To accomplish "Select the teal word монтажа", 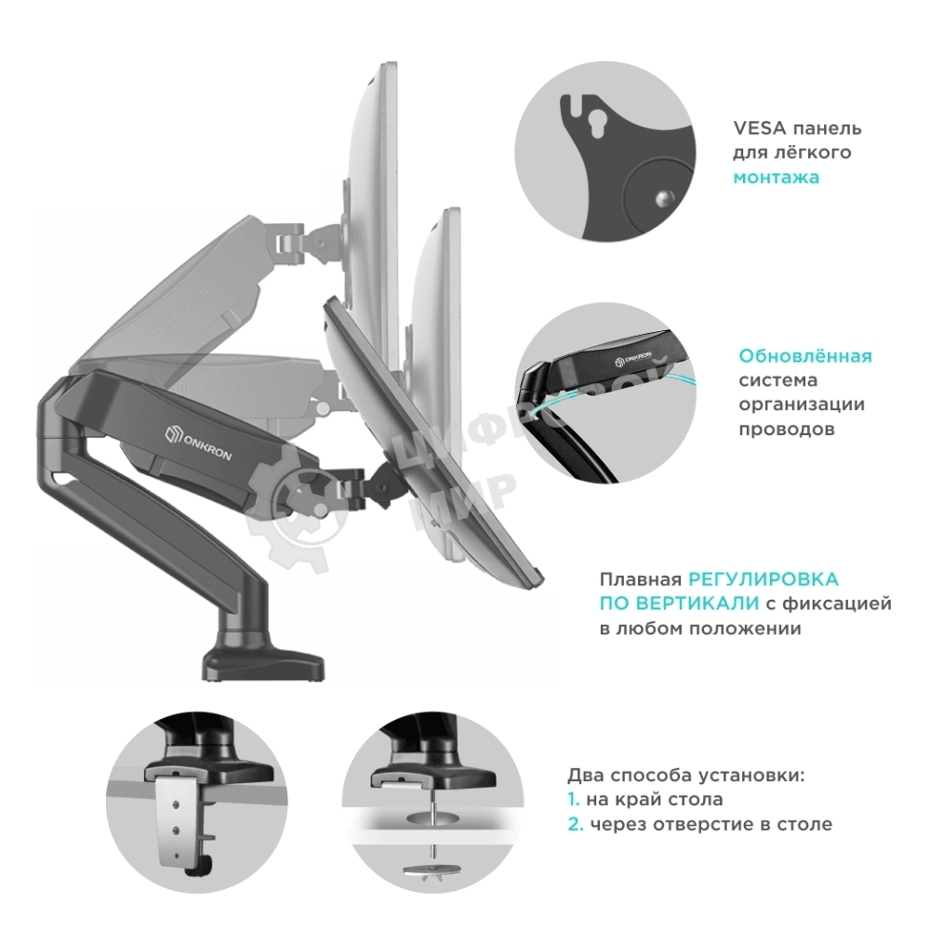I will (777, 177).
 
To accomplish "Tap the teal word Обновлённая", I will (805, 356).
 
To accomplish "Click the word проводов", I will (787, 429).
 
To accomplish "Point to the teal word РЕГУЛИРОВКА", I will (764, 579).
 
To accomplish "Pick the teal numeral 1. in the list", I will (574, 799).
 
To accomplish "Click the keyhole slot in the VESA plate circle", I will (592, 121).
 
